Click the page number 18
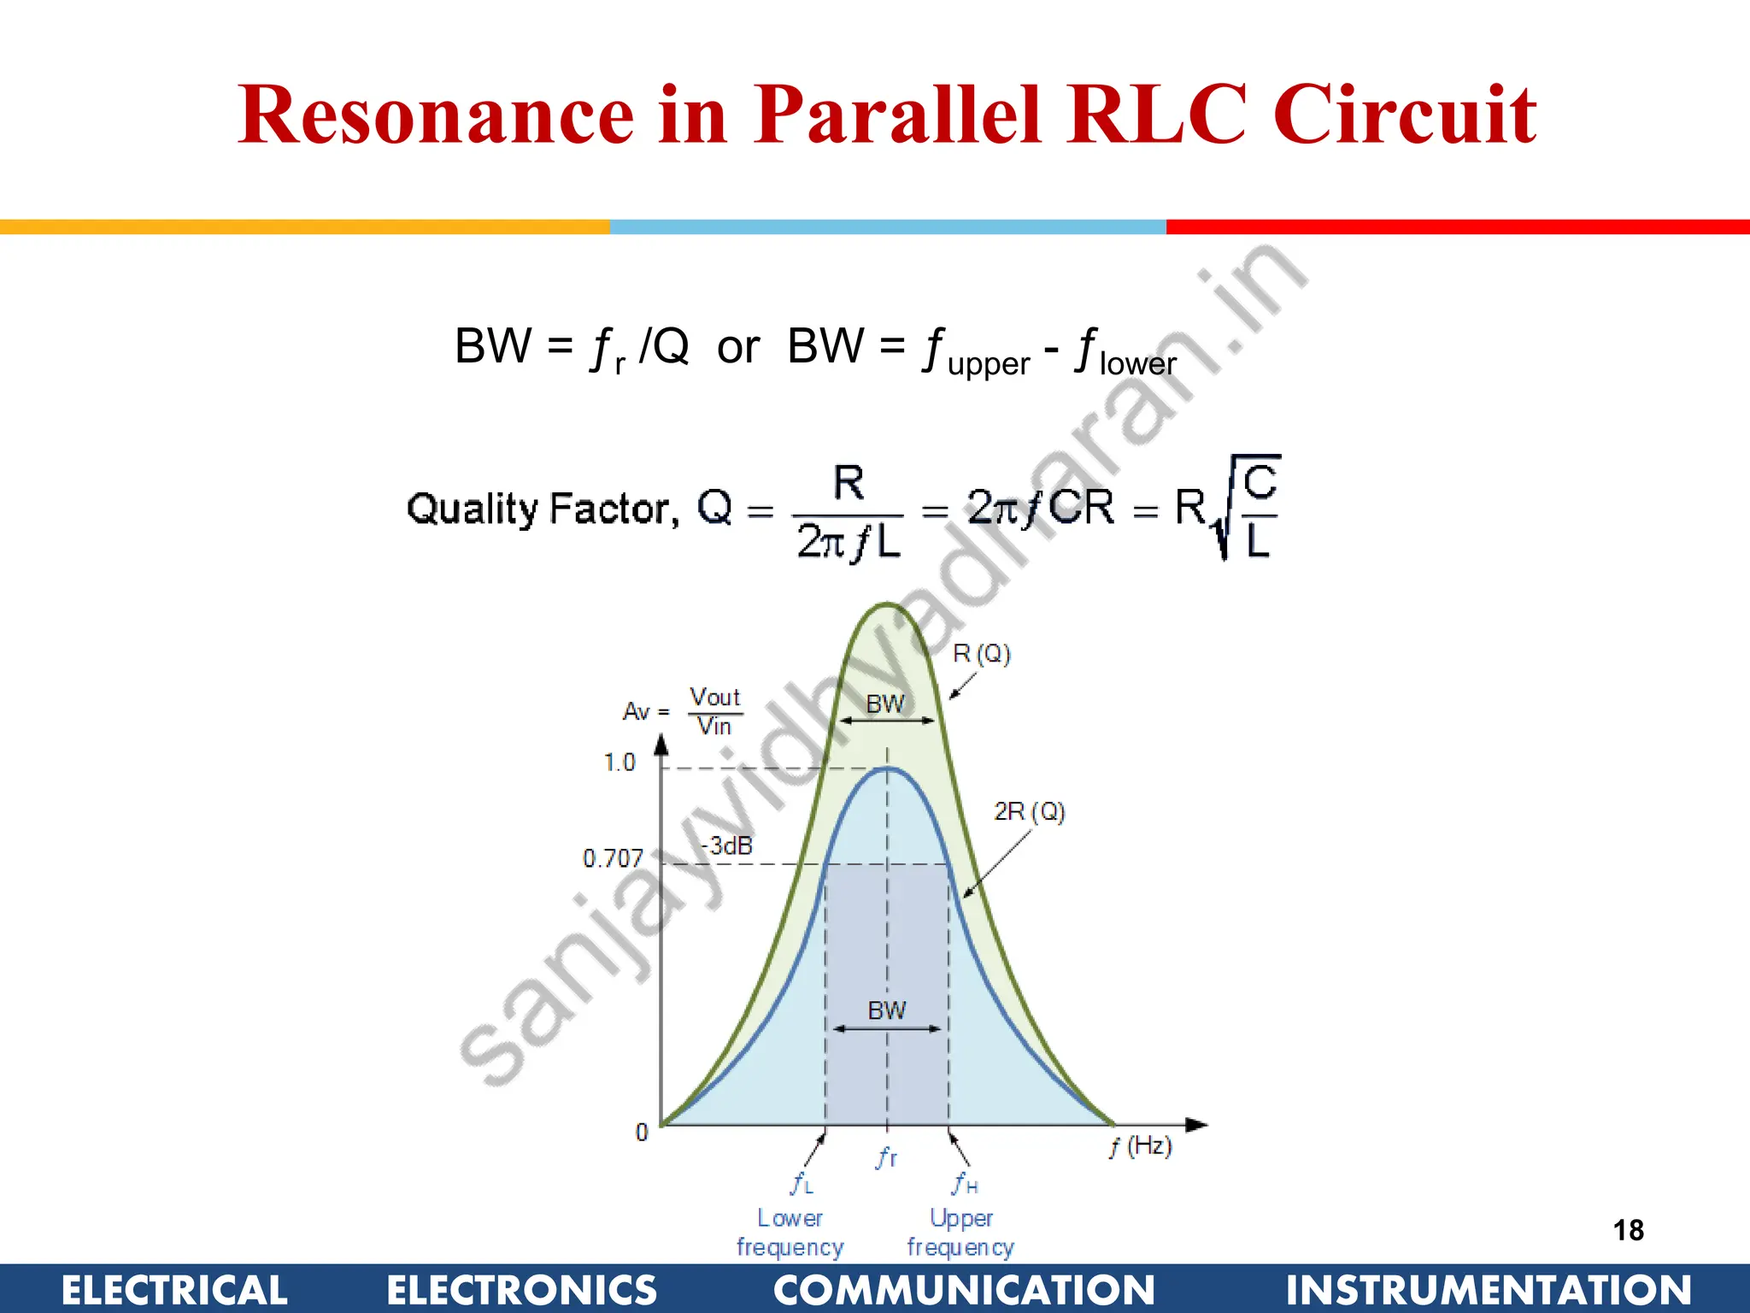tap(1628, 1230)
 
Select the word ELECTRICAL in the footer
tap(174, 1290)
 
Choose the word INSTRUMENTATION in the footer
tap(1489, 1290)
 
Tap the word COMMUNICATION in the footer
tap(964, 1290)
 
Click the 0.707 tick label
tap(612, 858)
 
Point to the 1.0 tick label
tap(620, 762)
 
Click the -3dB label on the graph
tap(727, 846)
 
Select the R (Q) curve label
tap(982, 654)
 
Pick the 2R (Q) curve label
tap(1030, 811)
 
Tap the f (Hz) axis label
tap(1141, 1146)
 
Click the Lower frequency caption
tap(790, 1232)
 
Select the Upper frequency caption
tap(960, 1232)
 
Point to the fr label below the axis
tap(887, 1158)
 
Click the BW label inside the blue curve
tap(886, 1010)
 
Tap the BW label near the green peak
tap(884, 704)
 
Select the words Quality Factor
tap(543, 509)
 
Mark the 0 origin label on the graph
tap(642, 1133)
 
